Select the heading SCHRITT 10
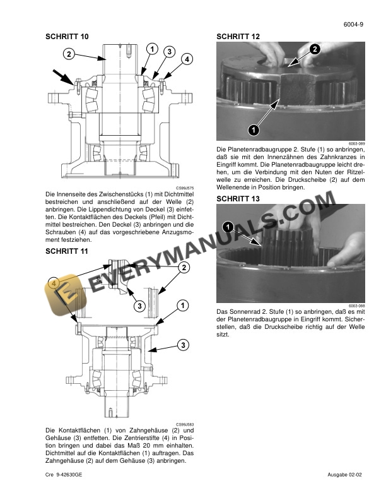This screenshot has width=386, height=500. pos(67,37)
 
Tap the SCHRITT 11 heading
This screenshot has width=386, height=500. pos(67,251)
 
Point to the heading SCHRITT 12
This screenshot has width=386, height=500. pos(238,37)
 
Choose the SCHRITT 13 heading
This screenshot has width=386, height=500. pos(238,199)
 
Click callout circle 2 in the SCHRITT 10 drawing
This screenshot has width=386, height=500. pos(68,54)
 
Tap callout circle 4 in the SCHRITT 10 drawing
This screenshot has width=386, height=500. pos(187,59)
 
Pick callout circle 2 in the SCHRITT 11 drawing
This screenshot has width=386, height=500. pos(184,268)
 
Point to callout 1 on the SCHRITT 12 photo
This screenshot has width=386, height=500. pos(253,130)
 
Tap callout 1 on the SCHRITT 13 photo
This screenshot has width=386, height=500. pos(228,226)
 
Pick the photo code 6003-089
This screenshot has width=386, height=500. pos(357,143)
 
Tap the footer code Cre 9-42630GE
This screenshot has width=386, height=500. pos(68,474)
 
